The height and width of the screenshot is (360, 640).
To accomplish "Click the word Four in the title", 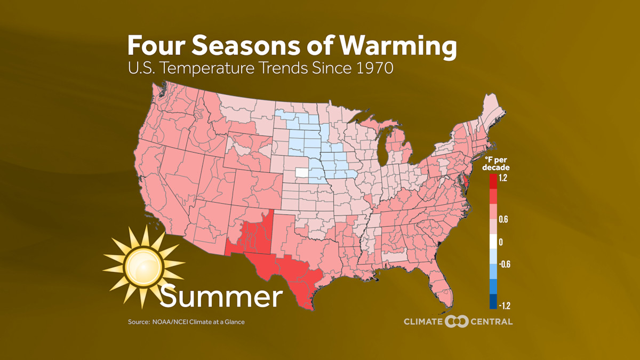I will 155,46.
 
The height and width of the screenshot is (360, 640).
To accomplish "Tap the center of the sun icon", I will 143,266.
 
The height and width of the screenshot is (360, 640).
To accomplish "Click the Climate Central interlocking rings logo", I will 457,321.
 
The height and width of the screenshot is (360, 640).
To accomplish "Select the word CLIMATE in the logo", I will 423,322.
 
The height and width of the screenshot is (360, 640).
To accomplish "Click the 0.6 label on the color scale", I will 503,219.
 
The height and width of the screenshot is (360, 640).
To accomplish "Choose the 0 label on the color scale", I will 501,242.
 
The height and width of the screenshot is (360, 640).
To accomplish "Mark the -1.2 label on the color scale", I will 504,306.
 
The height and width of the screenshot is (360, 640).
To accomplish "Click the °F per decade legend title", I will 497,164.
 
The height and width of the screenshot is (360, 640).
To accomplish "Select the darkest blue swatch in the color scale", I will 493,302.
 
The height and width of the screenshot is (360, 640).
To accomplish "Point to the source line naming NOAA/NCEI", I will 186,322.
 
